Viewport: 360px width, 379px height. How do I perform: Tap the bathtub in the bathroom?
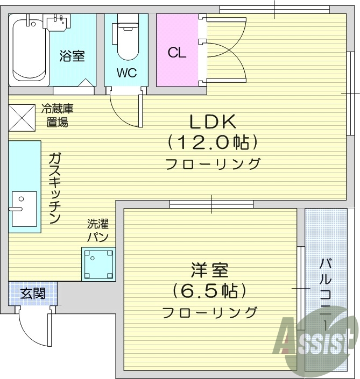pos(28,51)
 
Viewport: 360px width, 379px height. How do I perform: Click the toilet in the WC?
pos(126,38)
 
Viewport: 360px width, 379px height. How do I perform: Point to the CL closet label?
pos(177,53)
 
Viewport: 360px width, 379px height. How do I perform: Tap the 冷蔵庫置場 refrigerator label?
pos(57,115)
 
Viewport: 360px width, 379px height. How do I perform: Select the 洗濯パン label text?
pos(98,231)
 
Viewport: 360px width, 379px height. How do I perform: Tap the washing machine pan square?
pos(98,263)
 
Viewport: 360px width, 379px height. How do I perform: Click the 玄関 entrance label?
pos(32,294)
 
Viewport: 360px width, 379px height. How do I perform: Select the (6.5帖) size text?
pos(209,291)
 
